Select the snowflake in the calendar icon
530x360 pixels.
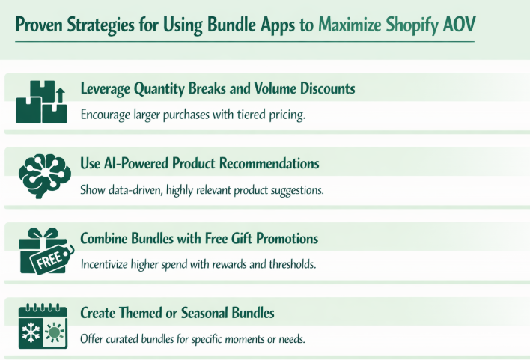(x=31, y=331)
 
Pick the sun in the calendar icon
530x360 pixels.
(x=55, y=332)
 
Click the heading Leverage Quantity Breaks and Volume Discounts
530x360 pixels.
(x=217, y=89)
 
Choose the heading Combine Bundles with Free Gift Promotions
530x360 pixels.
(x=198, y=239)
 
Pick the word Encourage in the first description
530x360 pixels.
(x=108, y=115)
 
